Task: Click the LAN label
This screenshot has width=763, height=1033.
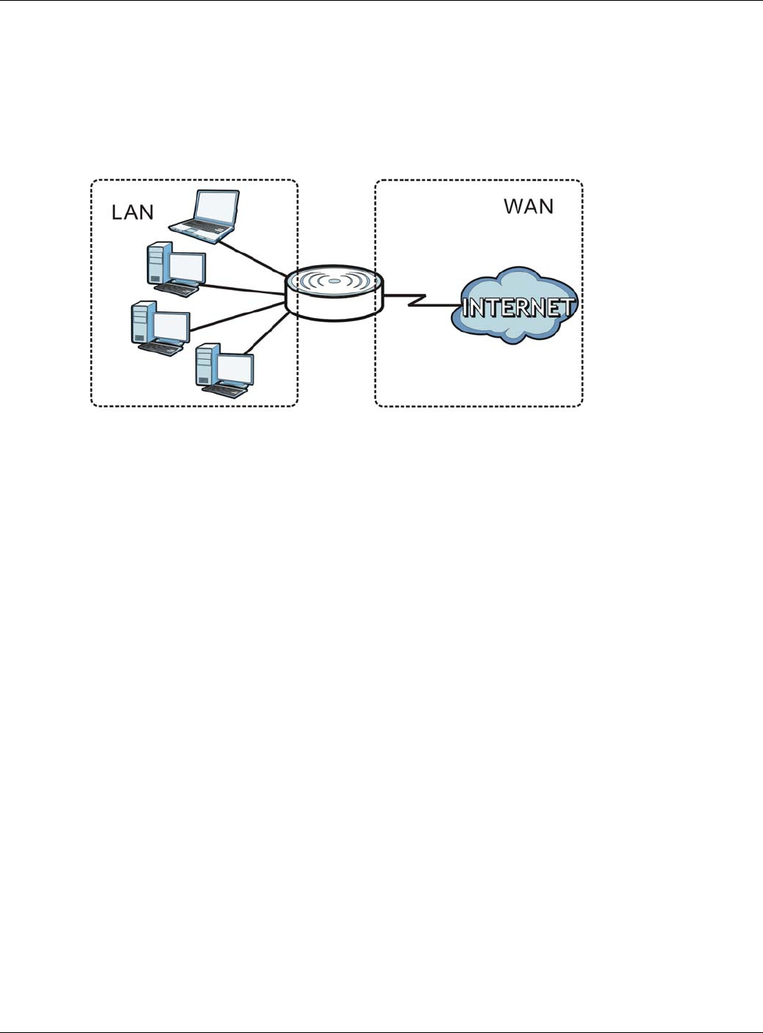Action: pos(132,212)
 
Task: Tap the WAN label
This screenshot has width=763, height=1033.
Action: pos(529,206)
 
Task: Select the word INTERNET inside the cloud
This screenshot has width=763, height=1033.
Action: pos(519,307)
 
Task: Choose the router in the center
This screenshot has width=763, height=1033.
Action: pos(335,293)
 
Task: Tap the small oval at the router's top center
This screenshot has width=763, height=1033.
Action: pos(335,281)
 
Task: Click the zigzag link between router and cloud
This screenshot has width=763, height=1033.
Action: pos(422,300)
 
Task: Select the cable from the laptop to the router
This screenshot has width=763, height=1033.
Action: pos(254,257)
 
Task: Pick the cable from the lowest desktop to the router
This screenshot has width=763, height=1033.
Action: pos(266,332)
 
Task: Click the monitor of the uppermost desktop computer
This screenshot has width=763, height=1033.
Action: pos(187,268)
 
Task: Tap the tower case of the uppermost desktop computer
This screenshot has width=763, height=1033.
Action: pos(158,262)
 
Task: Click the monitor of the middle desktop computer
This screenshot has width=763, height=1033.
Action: pos(171,327)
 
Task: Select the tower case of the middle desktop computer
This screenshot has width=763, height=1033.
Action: pos(142,322)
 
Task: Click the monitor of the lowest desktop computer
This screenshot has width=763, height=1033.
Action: pos(235,370)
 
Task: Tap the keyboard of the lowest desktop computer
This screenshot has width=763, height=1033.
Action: pos(224,391)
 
